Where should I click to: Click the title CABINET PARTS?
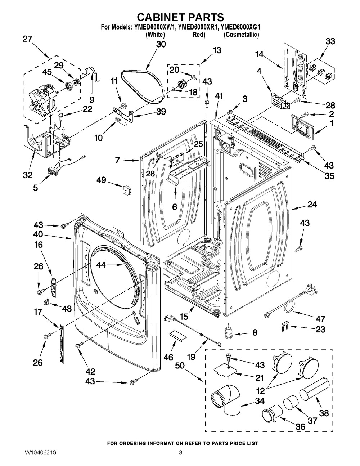coord(181,17)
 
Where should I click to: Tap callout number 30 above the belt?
coord(161,45)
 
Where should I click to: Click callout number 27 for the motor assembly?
coord(27,39)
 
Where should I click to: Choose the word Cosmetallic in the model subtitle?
coord(241,35)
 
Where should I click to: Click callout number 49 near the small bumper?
coord(101,180)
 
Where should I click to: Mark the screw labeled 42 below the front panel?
coord(78,346)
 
